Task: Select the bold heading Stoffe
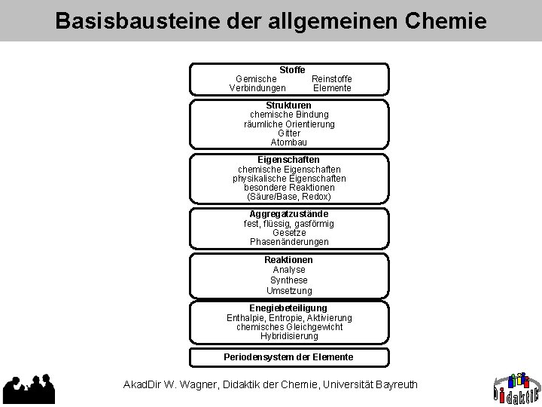292,69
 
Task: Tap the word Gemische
256,78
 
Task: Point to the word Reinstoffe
331,78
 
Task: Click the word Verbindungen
257,88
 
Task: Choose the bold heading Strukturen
289,106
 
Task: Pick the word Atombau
289,142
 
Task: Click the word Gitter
289,133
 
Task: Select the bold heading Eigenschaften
288,160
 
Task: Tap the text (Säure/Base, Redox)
289,197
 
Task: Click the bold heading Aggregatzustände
289,214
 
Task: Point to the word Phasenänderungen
289,242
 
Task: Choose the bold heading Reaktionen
288,259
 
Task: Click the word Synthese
289,280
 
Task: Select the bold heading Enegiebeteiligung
288,308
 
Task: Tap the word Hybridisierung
289,336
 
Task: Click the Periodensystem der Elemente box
288,357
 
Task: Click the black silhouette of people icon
31,389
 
